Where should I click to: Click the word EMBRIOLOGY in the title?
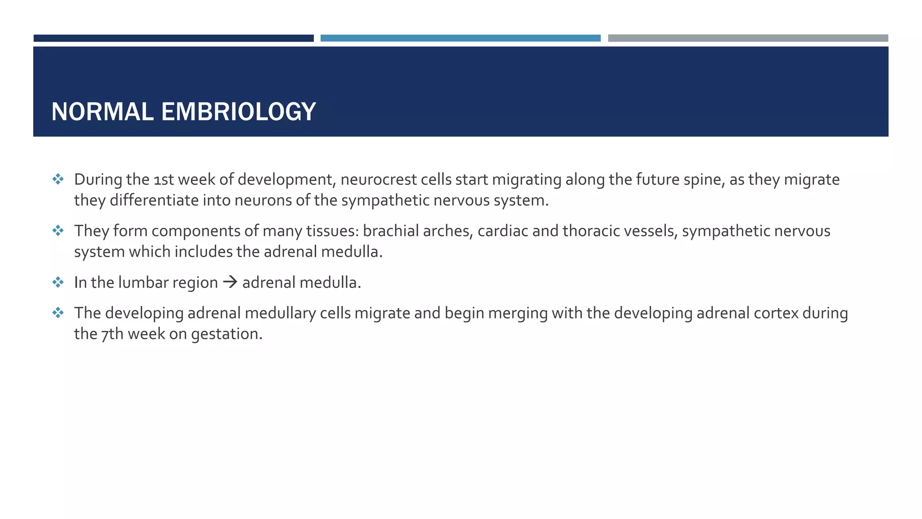(x=238, y=112)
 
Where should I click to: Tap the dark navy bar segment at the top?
(x=173, y=38)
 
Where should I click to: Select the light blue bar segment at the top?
(x=460, y=38)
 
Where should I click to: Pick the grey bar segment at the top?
(x=748, y=38)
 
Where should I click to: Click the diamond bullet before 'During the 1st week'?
(x=58, y=179)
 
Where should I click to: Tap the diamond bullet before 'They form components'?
(x=58, y=231)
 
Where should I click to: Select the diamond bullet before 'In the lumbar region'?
(x=58, y=282)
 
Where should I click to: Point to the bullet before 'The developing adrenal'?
(x=58, y=313)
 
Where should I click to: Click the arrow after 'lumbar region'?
(x=230, y=282)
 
